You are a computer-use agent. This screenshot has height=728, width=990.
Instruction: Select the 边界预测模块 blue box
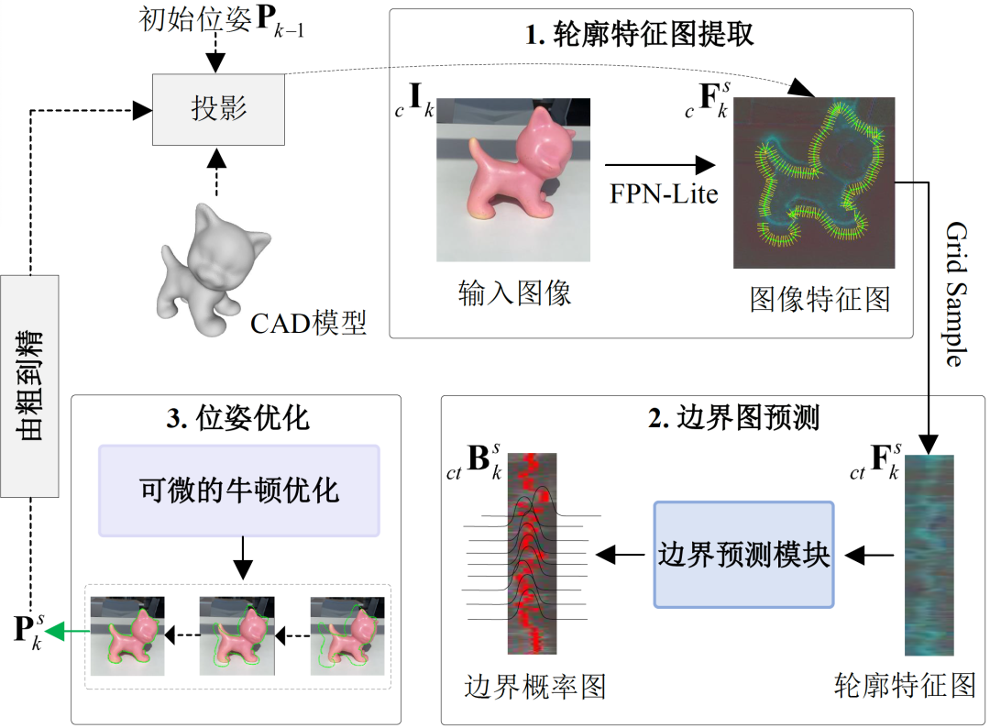coord(743,555)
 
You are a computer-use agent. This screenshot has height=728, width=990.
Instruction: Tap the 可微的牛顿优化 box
coord(239,490)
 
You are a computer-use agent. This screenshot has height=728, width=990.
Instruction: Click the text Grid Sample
coord(954,293)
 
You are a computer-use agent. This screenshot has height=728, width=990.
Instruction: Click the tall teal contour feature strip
coord(929,555)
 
